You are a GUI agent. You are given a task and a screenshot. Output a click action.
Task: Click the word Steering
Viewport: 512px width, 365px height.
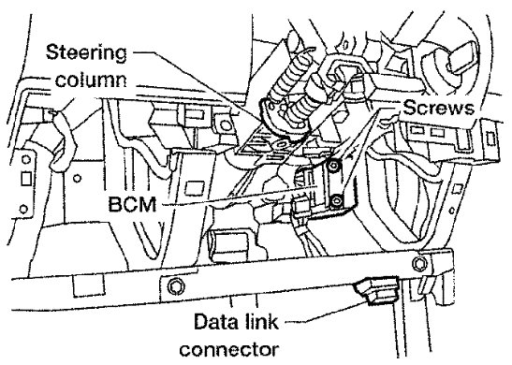click(x=86, y=53)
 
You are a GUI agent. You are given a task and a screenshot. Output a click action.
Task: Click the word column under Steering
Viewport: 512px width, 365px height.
click(x=91, y=80)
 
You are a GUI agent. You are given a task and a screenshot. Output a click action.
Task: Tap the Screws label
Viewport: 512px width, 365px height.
click(x=438, y=108)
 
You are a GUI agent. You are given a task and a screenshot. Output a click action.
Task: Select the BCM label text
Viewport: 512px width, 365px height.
click(x=132, y=204)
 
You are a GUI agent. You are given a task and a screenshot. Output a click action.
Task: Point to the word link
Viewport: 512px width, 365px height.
click(x=262, y=322)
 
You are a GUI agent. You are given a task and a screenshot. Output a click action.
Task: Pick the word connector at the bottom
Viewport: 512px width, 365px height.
click(x=229, y=350)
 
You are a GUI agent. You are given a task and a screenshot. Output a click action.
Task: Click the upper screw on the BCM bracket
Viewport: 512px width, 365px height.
click(x=333, y=167)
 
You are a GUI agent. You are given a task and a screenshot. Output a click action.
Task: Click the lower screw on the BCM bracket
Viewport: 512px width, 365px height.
click(x=335, y=201)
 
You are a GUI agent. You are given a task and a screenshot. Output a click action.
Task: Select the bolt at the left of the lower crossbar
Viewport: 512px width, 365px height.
click(x=175, y=286)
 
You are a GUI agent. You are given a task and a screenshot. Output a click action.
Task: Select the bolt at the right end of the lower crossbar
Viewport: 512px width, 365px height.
click(x=419, y=263)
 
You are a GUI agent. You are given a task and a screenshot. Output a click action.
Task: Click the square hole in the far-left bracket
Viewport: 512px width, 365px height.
click(x=26, y=179)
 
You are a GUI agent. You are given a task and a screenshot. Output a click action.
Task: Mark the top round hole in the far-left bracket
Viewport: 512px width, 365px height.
click(x=26, y=160)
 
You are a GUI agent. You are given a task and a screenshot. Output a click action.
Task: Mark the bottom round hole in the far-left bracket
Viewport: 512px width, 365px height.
click(x=23, y=208)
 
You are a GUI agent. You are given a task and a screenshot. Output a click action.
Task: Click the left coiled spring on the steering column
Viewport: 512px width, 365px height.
click(x=287, y=80)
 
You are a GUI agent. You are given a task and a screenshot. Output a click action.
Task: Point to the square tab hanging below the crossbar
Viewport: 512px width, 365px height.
click(x=88, y=285)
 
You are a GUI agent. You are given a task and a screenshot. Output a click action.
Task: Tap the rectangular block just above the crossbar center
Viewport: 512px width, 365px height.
click(x=227, y=245)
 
